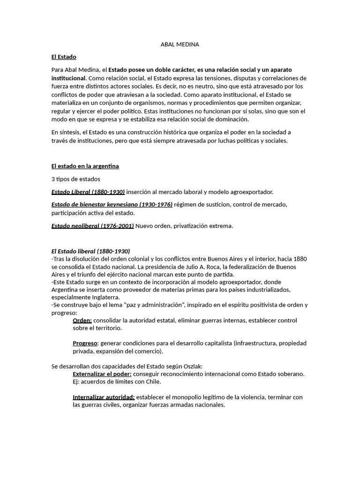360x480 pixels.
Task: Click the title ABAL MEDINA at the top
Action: pos(180,45)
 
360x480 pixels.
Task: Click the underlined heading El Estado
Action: pos(64,57)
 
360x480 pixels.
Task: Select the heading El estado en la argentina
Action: pos(85,166)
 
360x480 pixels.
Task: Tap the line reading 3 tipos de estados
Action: pos(75,179)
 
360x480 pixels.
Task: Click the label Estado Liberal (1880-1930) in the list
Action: pos(88,192)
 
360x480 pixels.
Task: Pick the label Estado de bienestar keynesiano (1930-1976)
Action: pos(112,204)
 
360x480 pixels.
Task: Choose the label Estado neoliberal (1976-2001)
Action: pos(92,226)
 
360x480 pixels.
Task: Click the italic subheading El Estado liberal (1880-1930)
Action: pos(90,251)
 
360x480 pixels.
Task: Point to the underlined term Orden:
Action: pos(82,320)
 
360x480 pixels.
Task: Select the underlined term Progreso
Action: pos(85,343)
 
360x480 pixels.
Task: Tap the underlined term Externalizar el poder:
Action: pos(102,374)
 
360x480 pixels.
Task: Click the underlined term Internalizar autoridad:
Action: pos(104,397)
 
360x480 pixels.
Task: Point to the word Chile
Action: pos(152,382)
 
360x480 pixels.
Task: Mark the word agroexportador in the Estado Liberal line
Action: pos(251,192)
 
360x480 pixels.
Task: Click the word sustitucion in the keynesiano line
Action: pos(222,204)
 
